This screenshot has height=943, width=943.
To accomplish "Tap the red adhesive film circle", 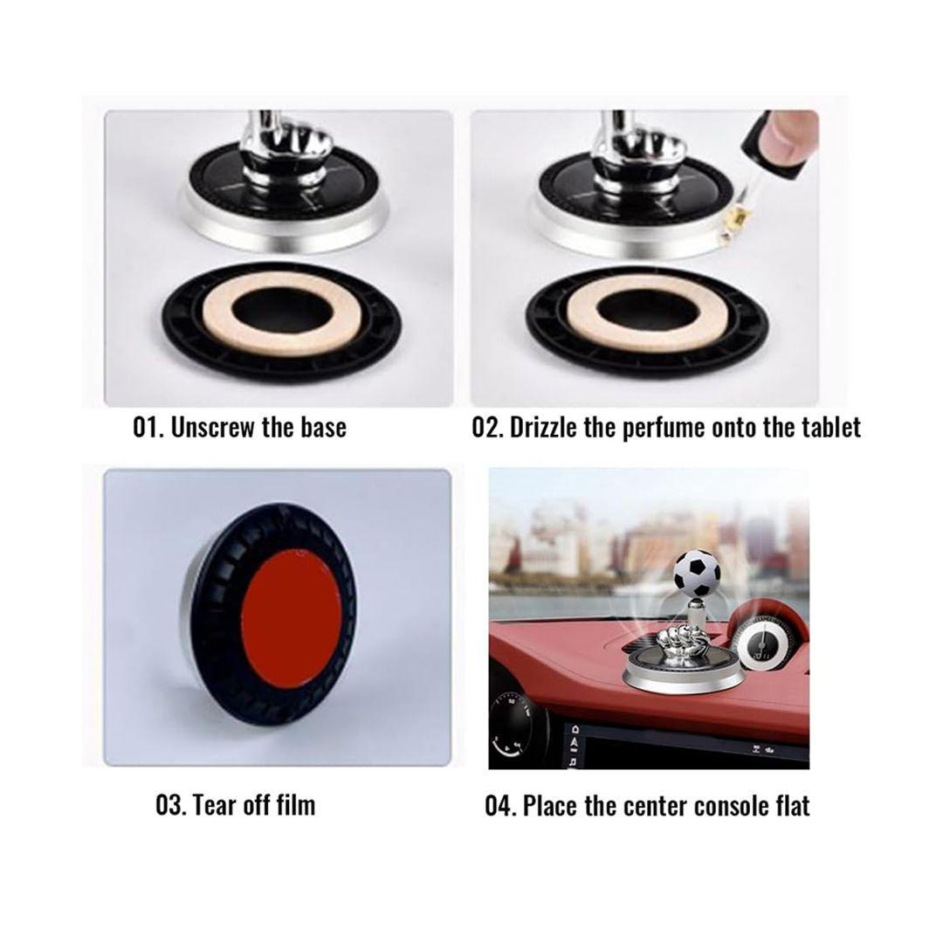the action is pyautogui.click(x=293, y=619).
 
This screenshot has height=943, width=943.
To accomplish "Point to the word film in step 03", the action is pyautogui.click(x=295, y=805).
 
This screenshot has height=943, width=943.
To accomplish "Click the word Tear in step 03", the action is pyautogui.click(x=216, y=805).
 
